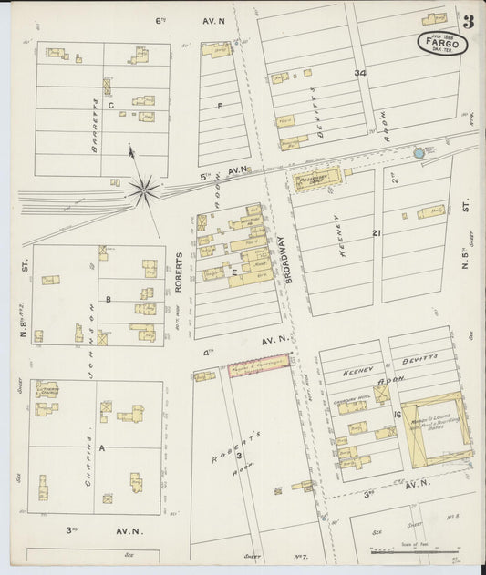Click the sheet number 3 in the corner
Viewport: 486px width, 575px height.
point(468,22)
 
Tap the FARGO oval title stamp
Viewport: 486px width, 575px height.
point(443,43)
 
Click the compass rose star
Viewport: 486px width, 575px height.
point(143,190)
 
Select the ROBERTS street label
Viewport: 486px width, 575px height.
point(179,272)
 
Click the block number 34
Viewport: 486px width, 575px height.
point(360,73)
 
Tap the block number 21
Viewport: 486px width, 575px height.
point(376,233)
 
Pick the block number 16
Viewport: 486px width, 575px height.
point(398,415)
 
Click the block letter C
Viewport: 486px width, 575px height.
point(110,106)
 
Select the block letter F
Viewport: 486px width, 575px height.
point(220,106)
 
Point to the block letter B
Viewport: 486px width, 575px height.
point(108,298)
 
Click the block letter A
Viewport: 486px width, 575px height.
point(101,447)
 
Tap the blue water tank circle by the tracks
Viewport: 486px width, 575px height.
point(419,153)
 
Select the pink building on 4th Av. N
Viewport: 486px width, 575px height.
point(258,366)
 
